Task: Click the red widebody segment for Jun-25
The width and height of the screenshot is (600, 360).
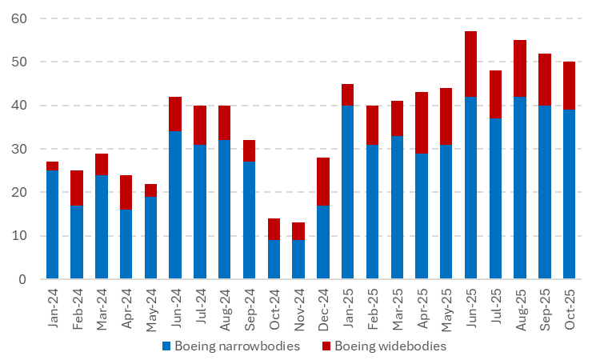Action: click(x=471, y=64)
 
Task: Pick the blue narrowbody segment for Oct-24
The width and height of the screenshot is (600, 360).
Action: click(x=274, y=259)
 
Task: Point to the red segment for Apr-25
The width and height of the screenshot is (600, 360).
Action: click(x=422, y=122)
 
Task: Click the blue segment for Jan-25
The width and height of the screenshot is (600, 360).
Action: click(x=348, y=192)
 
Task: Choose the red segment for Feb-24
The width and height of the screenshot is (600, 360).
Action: click(x=77, y=187)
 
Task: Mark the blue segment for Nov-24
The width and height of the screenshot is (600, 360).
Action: click(x=298, y=259)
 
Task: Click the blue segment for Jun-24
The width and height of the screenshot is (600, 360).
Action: click(x=175, y=205)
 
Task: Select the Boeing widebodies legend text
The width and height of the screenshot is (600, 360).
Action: click(x=390, y=346)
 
